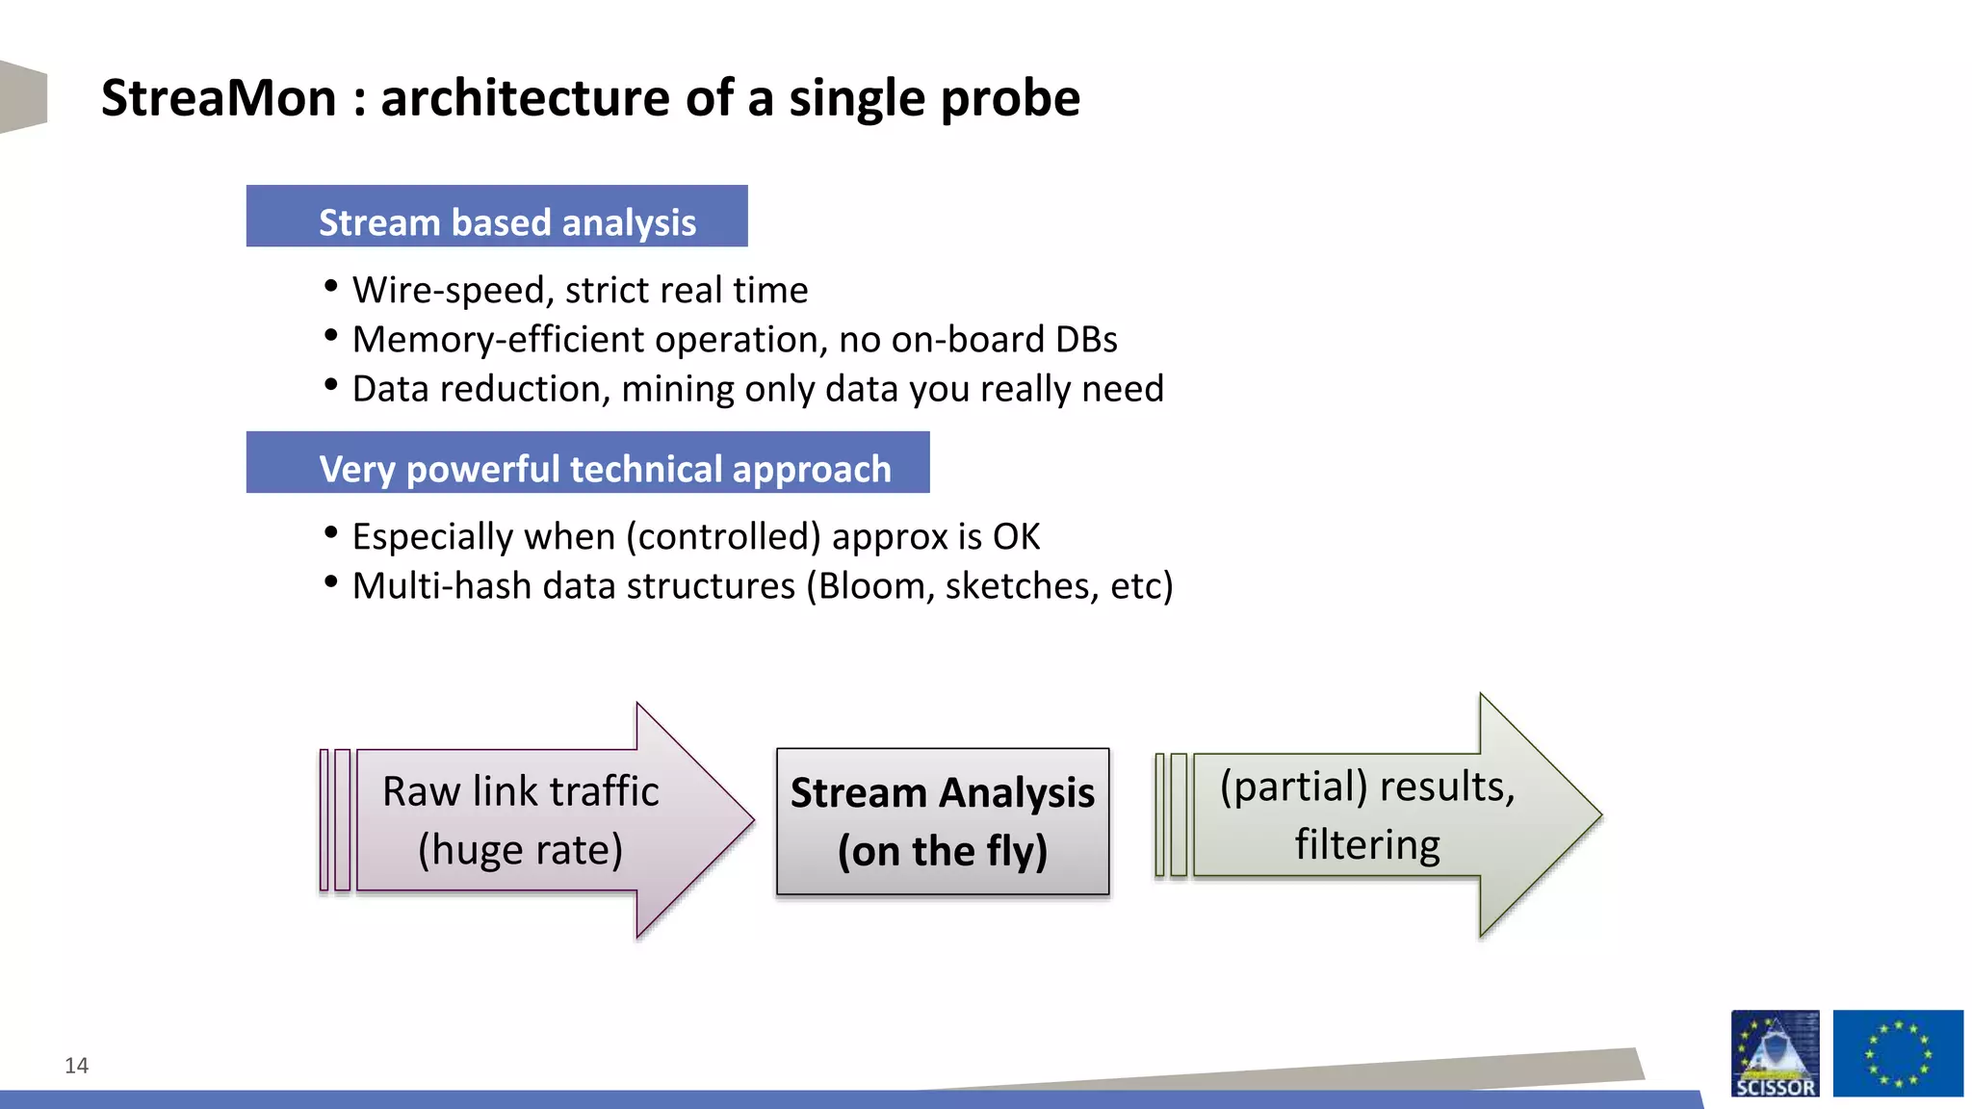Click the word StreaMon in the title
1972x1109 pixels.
click(x=219, y=98)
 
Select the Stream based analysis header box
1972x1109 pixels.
click(x=497, y=217)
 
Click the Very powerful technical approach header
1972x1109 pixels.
click(x=587, y=463)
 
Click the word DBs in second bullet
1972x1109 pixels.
click(x=1086, y=340)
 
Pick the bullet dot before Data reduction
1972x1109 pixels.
click(x=331, y=385)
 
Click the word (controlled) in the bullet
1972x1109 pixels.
click(x=723, y=537)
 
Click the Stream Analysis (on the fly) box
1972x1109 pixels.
click(x=942, y=821)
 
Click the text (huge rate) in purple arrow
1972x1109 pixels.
click(x=520, y=850)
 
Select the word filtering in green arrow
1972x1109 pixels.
click(x=1366, y=845)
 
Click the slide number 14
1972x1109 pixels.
click(x=76, y=1065)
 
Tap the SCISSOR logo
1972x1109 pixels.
click(x=1775, y=1053)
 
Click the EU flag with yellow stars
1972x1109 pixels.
click(x=1897, y=1053)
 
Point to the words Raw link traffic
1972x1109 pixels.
click(x=520, y=791)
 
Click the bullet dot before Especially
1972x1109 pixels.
click(x=331, y=532)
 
